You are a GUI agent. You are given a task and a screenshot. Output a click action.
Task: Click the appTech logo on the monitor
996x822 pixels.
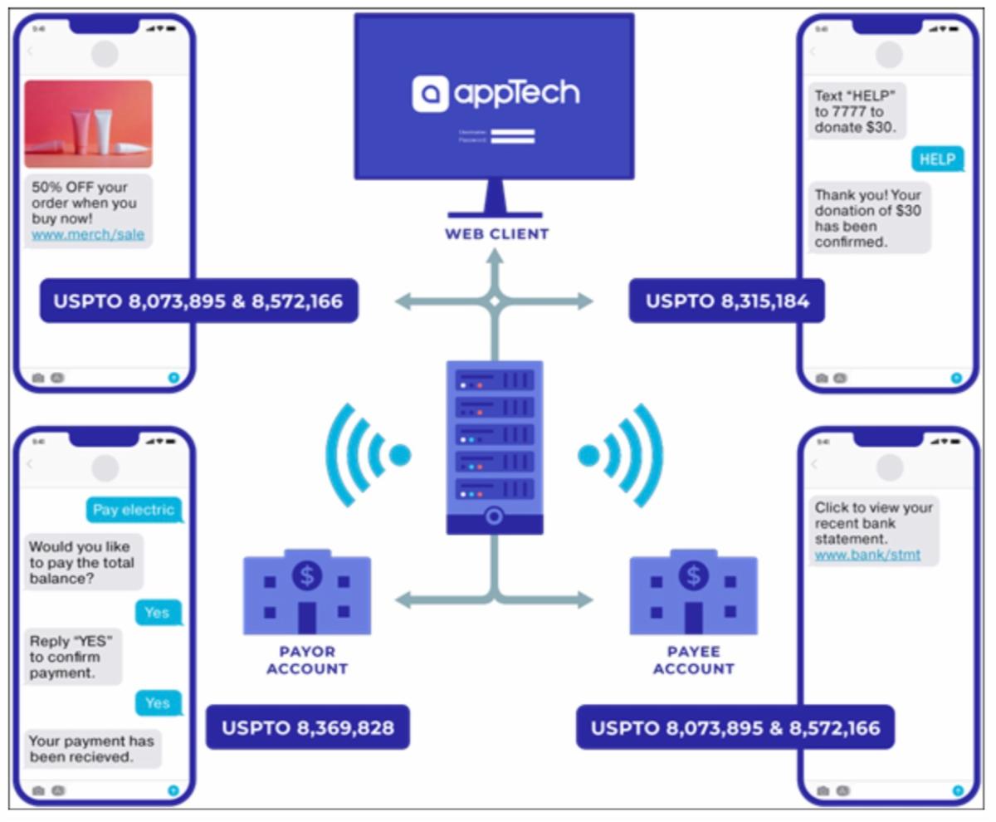[496, 93]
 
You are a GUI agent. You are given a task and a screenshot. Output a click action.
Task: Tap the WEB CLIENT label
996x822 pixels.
[496, 234]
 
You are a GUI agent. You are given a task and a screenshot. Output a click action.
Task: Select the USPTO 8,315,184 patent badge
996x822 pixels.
[727, 301]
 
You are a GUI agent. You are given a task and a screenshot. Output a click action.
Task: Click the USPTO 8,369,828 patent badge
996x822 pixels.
[308, 728]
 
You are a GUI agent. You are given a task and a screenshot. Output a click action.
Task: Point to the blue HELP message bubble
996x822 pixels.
[938, 159]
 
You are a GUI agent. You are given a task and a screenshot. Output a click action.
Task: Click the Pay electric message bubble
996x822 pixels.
[134, 510]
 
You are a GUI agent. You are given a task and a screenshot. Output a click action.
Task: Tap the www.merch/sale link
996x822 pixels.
[88, 235]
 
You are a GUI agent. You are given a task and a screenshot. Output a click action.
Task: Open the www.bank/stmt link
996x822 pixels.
[867, 554]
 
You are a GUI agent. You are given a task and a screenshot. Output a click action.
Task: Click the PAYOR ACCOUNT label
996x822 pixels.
[307, 660]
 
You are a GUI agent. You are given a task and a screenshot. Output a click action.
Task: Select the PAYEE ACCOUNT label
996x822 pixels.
[694, 660]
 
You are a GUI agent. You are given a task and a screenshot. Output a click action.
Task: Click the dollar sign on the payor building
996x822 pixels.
[307, 575]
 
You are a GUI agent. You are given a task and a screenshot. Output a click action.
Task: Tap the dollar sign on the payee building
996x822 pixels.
[694, 575]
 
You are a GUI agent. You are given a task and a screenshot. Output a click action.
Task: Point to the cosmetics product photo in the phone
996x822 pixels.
[88, 124]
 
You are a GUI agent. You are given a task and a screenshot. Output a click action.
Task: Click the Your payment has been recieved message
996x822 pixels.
[91, 749]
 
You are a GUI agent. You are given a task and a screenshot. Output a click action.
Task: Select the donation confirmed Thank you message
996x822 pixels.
[868, 218]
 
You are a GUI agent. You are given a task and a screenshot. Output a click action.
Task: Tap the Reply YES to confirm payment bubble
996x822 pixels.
[73, 656]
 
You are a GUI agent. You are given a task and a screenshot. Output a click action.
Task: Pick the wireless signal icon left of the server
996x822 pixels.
[366, 454]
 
